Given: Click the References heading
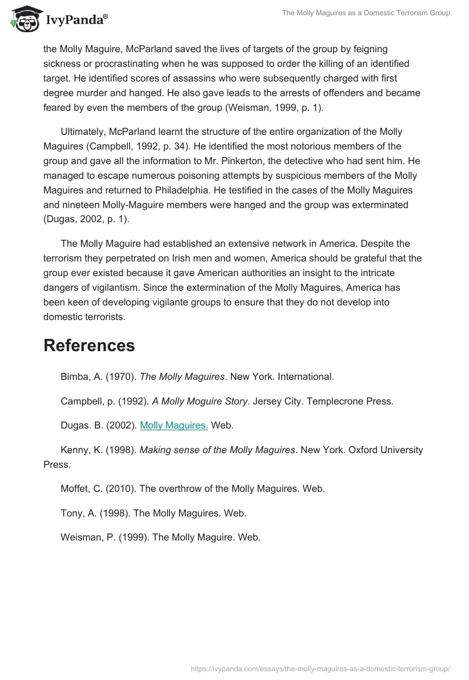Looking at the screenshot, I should (x=89, y=345).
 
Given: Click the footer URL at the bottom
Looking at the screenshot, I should (x=321, y=668).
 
